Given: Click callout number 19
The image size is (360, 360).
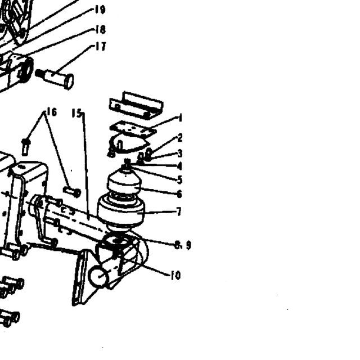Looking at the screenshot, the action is [x=100, y=10].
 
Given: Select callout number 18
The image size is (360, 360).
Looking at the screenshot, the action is [x=100, y=30].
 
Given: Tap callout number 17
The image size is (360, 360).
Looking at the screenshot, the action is [x=101, y=47].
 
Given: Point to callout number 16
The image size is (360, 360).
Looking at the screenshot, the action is [x=52, y=112].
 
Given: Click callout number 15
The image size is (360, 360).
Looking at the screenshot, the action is [x=76, y=113].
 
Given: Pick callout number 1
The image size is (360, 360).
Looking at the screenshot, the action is [x=180, y=118].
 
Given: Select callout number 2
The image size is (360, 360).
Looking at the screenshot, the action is [x=180, y=138].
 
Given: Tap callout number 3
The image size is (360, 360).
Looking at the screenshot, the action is [x=180, y=154].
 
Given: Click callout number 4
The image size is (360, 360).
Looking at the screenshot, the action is [x=180, y=166].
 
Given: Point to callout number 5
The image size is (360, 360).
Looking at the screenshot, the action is [x=180, y=180].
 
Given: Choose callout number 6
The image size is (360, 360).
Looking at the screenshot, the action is [x=179, y=194].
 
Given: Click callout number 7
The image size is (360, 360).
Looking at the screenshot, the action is [x=179, y=211].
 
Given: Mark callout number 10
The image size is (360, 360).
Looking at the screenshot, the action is [x=176, y=275].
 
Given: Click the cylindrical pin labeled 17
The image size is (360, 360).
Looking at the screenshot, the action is [x=55, y=79].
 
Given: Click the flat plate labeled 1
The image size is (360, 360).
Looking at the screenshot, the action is [x=133, y=130].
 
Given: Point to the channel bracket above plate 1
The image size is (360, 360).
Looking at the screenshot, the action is [x=136, y=105].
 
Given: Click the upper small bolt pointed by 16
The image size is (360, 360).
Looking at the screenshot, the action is [x=26, y=146].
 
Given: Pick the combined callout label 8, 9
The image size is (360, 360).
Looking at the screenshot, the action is [x=183, y=246].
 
